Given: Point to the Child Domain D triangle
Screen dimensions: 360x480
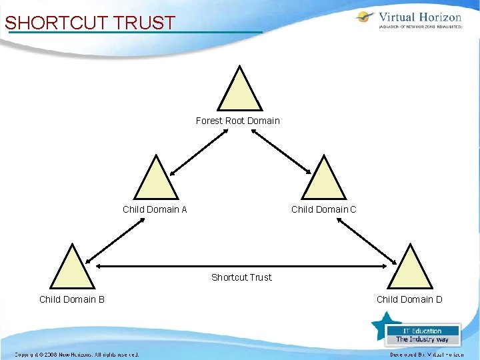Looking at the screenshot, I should pyautogui.click(x=411, y=268).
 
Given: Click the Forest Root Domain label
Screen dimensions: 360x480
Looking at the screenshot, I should pyautogui.click(x=238, y=121).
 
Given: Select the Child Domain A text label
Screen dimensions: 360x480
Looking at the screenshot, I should pyautogui.click(x=155, y=209).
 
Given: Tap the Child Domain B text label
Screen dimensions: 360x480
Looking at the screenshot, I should pyautogui.click(x=72, y=299).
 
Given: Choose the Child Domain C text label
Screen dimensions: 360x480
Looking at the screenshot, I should pyautogui.click(x=324, y=209).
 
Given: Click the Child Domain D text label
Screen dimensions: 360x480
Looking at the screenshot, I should pyautogui.click(x=409, y=299).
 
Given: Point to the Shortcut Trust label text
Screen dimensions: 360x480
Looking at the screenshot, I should pyautogui.click(x=241, y=277).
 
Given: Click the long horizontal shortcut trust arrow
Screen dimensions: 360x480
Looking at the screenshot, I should pyautogui.click(x=241, y=267).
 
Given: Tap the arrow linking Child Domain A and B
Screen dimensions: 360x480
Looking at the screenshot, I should pyautogui.click(x=113, y=240).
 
